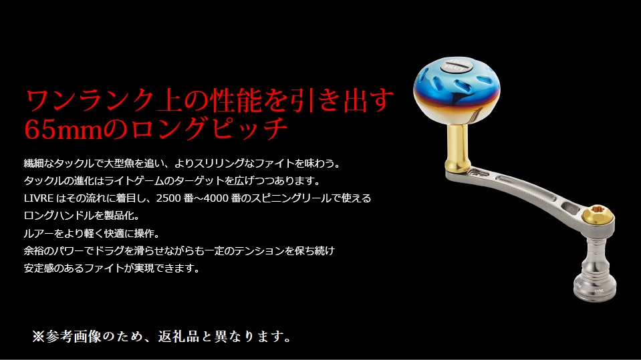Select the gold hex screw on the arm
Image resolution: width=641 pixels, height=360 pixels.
598,215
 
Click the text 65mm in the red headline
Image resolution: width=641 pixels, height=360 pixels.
63,130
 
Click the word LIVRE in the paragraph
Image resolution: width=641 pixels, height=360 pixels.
39,198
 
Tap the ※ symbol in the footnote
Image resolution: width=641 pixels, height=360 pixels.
38,337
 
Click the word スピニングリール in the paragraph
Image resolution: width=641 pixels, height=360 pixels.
291,198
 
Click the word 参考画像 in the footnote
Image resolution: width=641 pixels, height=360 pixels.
74,337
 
